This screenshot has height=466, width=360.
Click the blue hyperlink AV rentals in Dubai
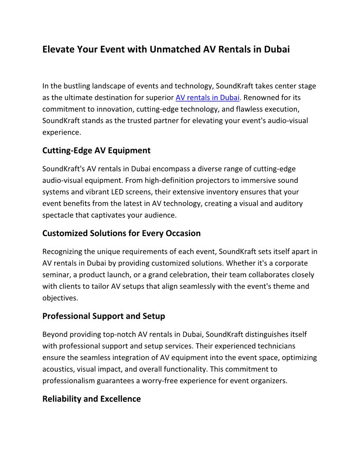pos(207,98)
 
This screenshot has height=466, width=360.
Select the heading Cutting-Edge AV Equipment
pos(96,150)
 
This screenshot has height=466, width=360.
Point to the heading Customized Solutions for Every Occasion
pos(121,233)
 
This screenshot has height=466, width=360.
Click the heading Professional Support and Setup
pos(104,316)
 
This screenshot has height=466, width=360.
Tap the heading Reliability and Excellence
pos(91,399)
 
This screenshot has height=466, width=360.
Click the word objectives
pos(60,297)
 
